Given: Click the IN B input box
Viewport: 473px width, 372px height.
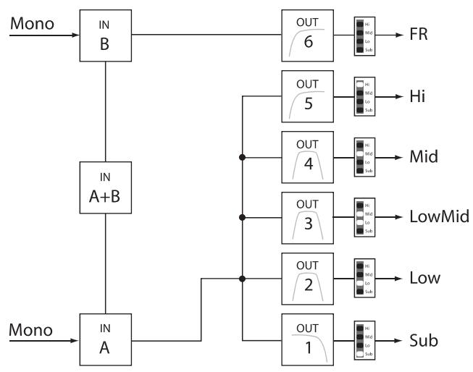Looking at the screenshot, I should click(x=106, y=34).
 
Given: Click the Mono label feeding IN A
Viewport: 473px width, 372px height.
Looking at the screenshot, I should click(x=30, y=330).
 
